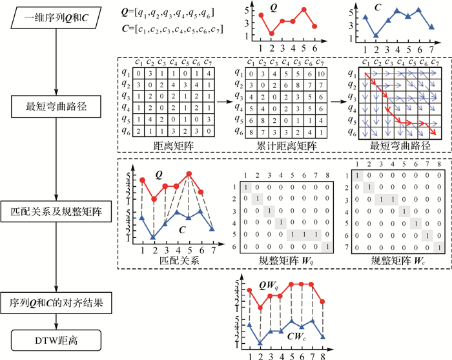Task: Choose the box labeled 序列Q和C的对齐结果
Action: pos(57,302)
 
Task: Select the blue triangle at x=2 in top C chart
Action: pos(376,36)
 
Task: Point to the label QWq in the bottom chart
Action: pos(269,285)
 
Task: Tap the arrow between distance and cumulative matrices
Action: pos(220,102)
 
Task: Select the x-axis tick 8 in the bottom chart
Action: pos(322,355)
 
